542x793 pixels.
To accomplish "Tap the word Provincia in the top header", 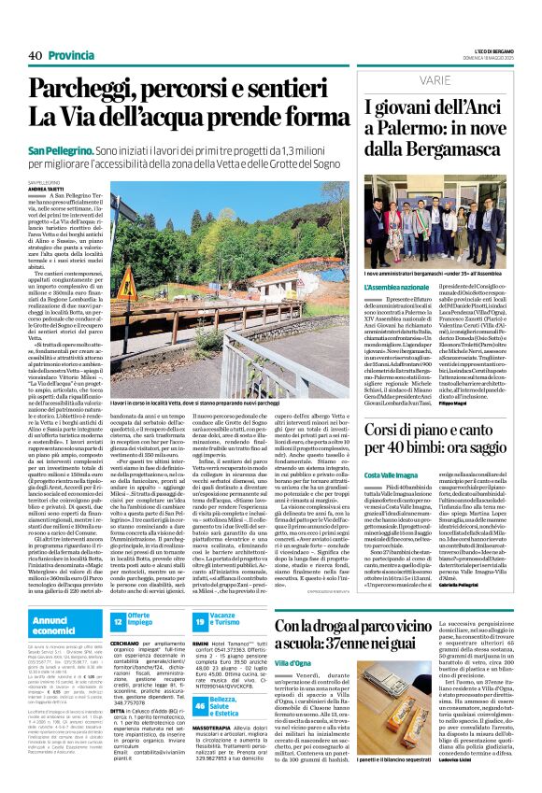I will tap(72, 55).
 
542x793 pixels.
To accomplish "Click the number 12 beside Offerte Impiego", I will tap(119, 621).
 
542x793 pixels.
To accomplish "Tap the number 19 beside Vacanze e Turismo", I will tap(200, 621).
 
